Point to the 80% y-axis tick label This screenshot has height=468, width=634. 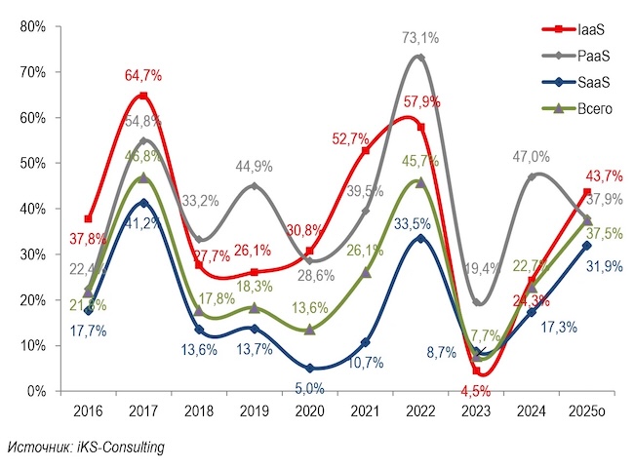[x=33, y=26]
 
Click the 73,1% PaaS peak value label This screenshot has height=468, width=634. [x=419, y=38]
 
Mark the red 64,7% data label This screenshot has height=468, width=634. [x=144, y=75]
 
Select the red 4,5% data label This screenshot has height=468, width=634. [x=478, y=392]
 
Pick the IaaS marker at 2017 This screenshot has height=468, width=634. [x=143, y=96]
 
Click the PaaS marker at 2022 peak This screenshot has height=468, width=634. [x=420, y=58]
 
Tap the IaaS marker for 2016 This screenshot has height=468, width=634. [x=89, y=218]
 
